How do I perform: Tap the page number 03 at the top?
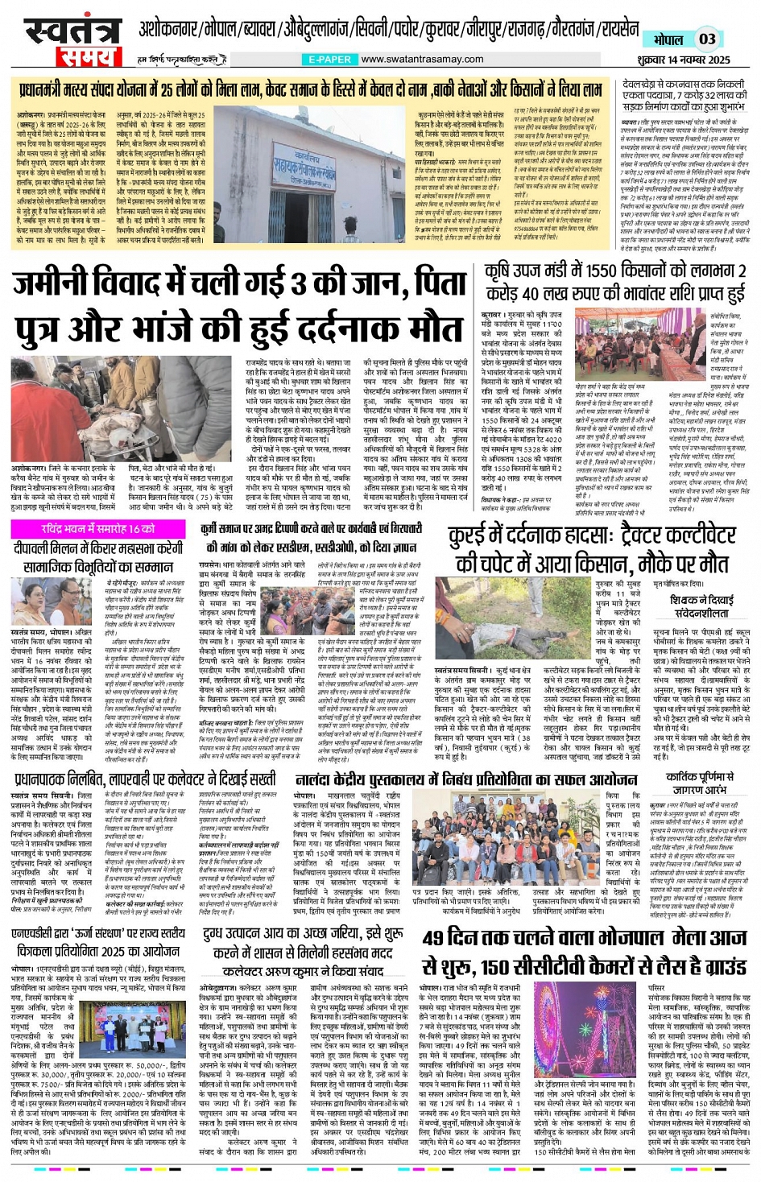click(706, 39)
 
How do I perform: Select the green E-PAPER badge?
click(329, 60)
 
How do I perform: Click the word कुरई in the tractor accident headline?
click(466, 537)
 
